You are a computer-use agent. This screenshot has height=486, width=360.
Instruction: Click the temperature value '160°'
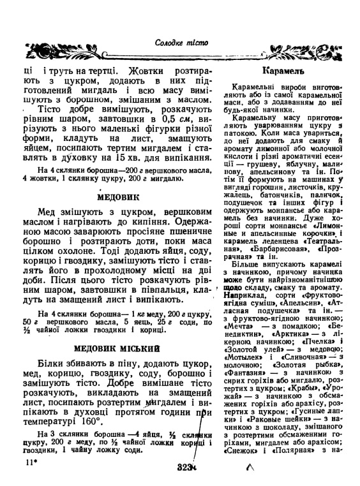point(90,422)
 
